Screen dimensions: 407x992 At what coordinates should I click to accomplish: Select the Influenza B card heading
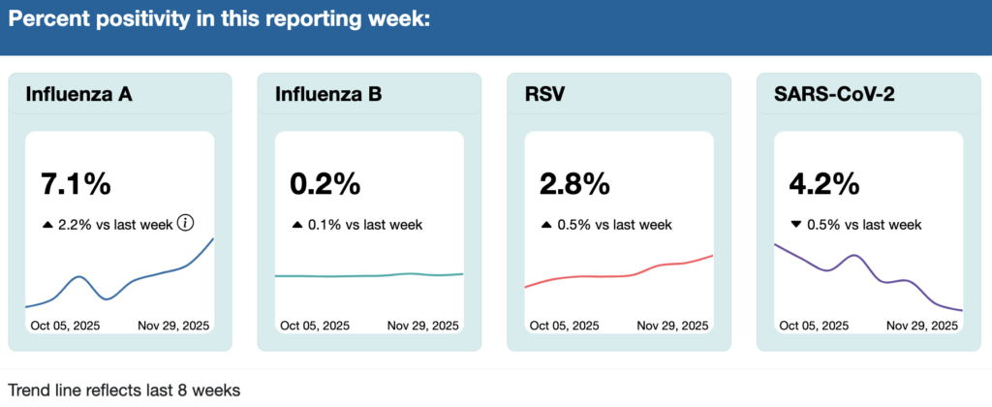coord(328,95)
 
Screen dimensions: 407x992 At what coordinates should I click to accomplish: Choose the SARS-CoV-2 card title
coord(832,95)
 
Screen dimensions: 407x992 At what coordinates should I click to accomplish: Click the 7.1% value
coord(76,183)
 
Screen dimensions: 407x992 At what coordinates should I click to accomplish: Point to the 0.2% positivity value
coord(325,183)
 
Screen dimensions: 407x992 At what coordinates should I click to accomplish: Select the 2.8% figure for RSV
coord(574,183)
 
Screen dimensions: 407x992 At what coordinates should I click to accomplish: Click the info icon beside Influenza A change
coord(185,223)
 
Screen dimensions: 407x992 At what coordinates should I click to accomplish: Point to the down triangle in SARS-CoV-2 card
coord(796,224)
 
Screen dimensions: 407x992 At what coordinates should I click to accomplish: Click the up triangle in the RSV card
coord(546,224)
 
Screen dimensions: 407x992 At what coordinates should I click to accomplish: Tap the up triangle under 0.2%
coord(297,224)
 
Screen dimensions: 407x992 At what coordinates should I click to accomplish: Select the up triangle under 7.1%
coord(47,224)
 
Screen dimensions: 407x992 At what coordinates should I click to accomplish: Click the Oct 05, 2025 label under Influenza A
coord(67,326)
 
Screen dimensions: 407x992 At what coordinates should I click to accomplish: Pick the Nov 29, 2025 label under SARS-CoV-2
coord(922,326)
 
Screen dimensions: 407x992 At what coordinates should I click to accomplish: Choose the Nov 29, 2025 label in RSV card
coord(672,326)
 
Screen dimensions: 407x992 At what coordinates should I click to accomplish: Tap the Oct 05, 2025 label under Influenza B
coord(317,326)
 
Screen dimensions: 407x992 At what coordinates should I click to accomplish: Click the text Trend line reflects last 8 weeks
coord(124,390)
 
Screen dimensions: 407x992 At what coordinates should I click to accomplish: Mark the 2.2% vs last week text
coord(115,224)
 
